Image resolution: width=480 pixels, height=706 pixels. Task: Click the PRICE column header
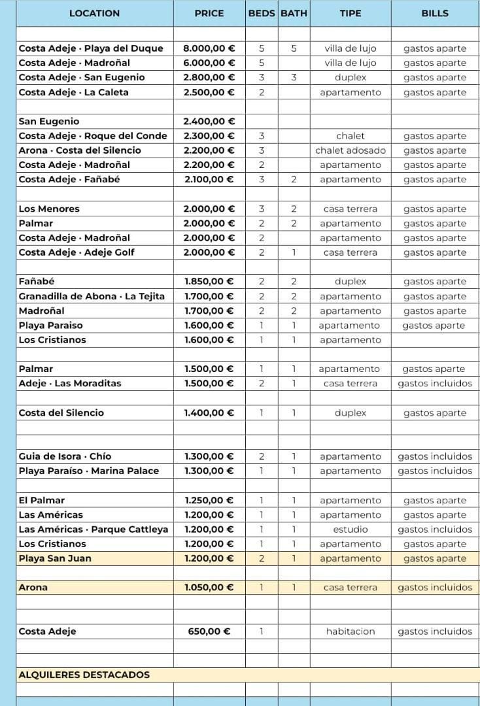[209, 13]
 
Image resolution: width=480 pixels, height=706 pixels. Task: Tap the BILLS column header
[435, 13]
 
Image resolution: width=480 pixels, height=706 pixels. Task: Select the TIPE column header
[351, 13]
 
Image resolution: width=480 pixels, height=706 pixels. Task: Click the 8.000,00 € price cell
[209, 48]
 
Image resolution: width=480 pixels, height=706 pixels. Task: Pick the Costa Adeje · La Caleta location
[73, 92]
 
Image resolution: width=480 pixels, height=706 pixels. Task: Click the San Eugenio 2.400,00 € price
[209, 122]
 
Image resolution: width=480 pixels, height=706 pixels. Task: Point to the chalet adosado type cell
[351, 150]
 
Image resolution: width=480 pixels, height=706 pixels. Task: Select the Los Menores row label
[49, 209]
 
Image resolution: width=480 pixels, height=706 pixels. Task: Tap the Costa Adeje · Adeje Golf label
[77, 252]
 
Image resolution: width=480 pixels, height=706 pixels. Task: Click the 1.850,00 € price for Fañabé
[209, 282]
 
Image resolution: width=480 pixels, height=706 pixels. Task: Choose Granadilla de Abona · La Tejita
[92, 296]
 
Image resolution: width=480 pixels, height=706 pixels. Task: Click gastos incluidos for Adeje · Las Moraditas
[435, 384]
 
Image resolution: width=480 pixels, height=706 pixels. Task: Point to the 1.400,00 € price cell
[209, 413]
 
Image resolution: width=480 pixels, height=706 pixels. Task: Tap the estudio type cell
[351, 529]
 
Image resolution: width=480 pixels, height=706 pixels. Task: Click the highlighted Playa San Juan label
[55, 558]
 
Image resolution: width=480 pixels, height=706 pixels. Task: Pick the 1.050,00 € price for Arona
[209, 588]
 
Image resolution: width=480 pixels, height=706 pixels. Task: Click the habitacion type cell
[351, 631]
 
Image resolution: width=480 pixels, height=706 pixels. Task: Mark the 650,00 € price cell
[209, 631]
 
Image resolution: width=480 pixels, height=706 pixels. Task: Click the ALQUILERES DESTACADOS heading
[84, 675]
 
